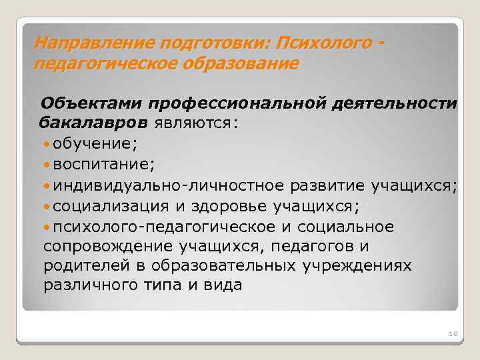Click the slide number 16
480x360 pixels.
click(450, 333)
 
